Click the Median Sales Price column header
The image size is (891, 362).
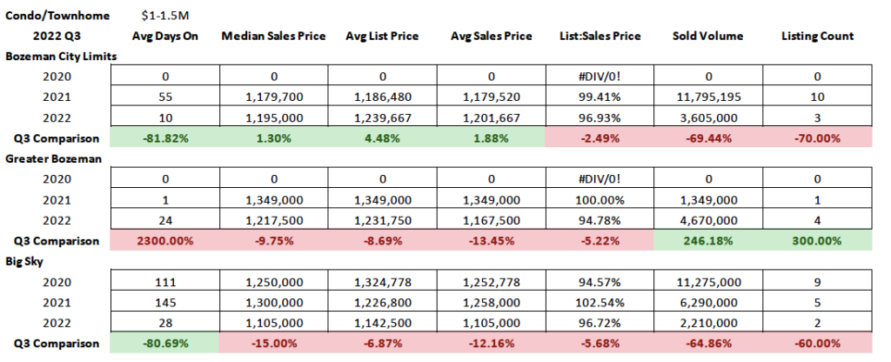[x=274, y=36]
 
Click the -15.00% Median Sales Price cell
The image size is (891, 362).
[x=274, y=343]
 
